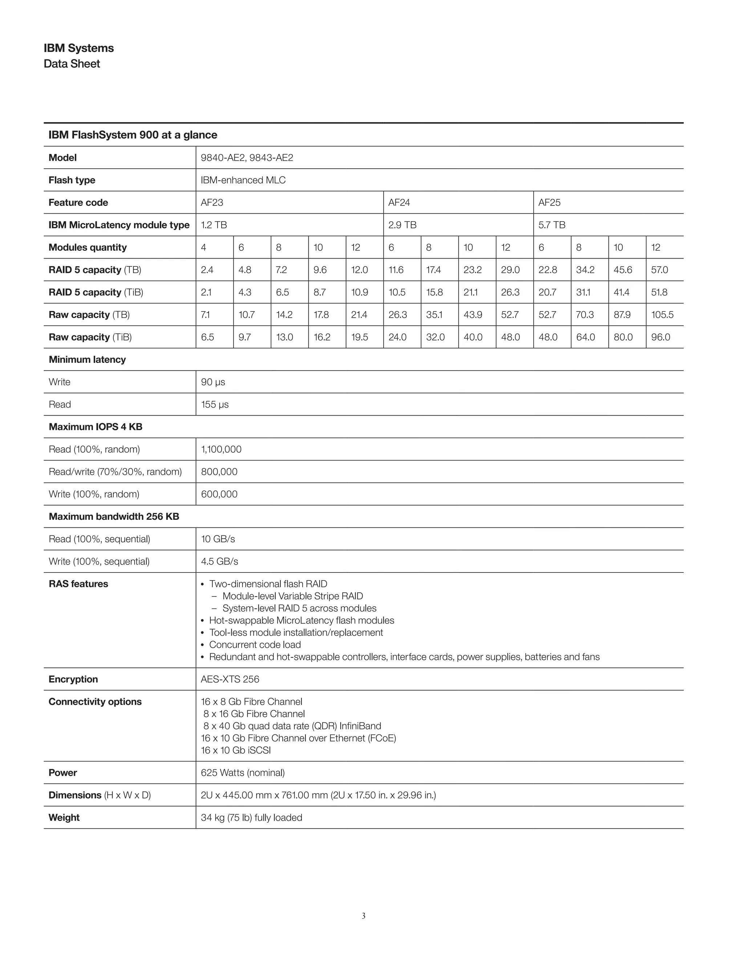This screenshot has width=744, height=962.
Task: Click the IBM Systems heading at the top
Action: (78, 48)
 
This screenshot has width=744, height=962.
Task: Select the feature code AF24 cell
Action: (399, 203)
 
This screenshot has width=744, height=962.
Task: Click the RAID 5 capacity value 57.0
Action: (659, 270)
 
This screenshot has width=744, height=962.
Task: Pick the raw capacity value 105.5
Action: (662, 315)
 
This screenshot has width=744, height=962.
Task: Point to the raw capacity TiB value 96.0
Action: (660, 337)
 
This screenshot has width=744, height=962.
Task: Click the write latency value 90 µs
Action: (213, 382)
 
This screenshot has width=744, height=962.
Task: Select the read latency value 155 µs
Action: (215, 405)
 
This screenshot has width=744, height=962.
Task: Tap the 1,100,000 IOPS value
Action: (221, 450)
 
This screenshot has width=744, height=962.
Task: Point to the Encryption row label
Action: (73, 679)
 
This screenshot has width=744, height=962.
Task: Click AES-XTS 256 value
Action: (230, 679)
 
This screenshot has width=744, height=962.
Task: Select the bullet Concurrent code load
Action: (255, 645)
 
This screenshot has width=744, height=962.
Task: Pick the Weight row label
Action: (64, 818)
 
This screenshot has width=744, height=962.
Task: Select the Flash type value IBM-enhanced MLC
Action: (243, 180)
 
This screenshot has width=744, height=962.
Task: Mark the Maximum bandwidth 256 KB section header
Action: (114, 517)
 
